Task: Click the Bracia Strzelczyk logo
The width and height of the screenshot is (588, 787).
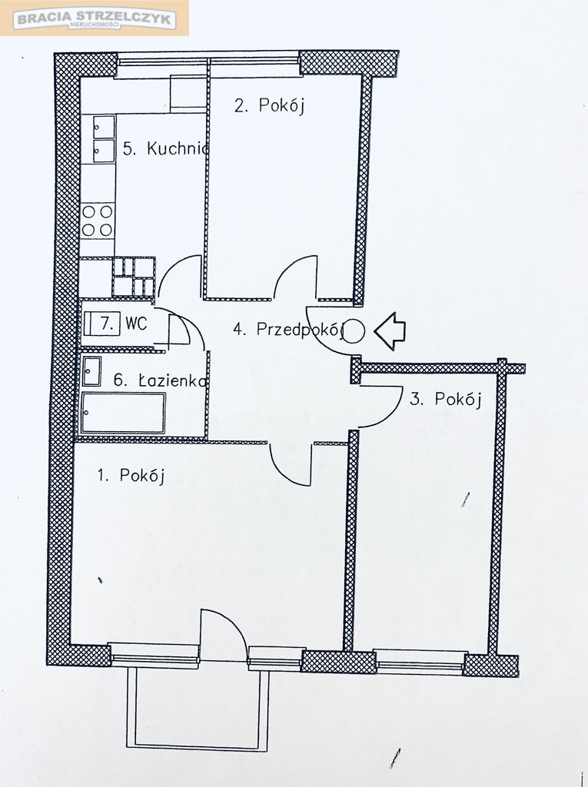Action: click(95, 18)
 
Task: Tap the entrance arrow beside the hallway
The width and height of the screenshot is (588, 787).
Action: click(390, 330)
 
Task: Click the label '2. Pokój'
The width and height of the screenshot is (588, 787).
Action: click(270, 105)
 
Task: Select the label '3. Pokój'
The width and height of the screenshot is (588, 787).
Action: click(445, 399)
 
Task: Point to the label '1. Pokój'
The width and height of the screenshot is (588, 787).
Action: click(131, 475)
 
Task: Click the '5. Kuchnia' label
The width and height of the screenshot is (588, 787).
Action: click(166, 148)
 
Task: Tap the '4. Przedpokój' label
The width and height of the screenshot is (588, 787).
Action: click(288, 330)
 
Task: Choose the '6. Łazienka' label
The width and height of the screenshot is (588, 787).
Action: click(160, 380)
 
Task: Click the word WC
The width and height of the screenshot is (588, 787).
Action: click(136, 324)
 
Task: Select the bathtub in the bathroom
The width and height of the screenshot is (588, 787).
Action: click(124, 413)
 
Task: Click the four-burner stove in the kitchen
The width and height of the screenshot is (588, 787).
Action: click(98, 220)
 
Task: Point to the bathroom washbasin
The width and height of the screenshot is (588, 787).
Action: click(91, 371)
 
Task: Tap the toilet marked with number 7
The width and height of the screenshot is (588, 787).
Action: click(102, 324)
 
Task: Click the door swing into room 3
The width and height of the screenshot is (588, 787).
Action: click(380, 407)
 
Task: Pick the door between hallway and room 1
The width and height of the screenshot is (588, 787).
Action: click(291, 464)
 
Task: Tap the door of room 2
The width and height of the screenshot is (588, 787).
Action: click(294, 277)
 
